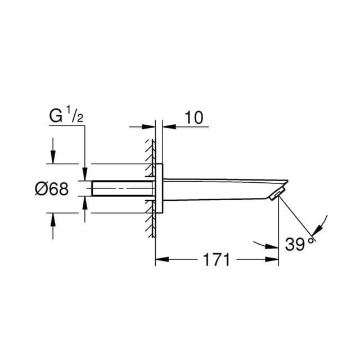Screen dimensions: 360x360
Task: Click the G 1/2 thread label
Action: tap(66, 114)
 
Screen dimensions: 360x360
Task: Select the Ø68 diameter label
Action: tap(52, 189)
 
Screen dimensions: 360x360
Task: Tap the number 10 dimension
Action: tap(194, 118)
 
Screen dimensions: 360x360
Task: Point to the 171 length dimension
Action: tap(217, 260)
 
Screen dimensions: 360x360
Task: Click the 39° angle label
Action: tap(299, 244)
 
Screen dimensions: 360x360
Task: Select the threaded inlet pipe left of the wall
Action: tap(123, 188)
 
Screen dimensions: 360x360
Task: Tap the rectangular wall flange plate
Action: tap(159, 188)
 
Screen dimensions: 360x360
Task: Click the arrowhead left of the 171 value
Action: tap(162, 259)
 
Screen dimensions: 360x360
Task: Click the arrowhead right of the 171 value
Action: tap(272, 259)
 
